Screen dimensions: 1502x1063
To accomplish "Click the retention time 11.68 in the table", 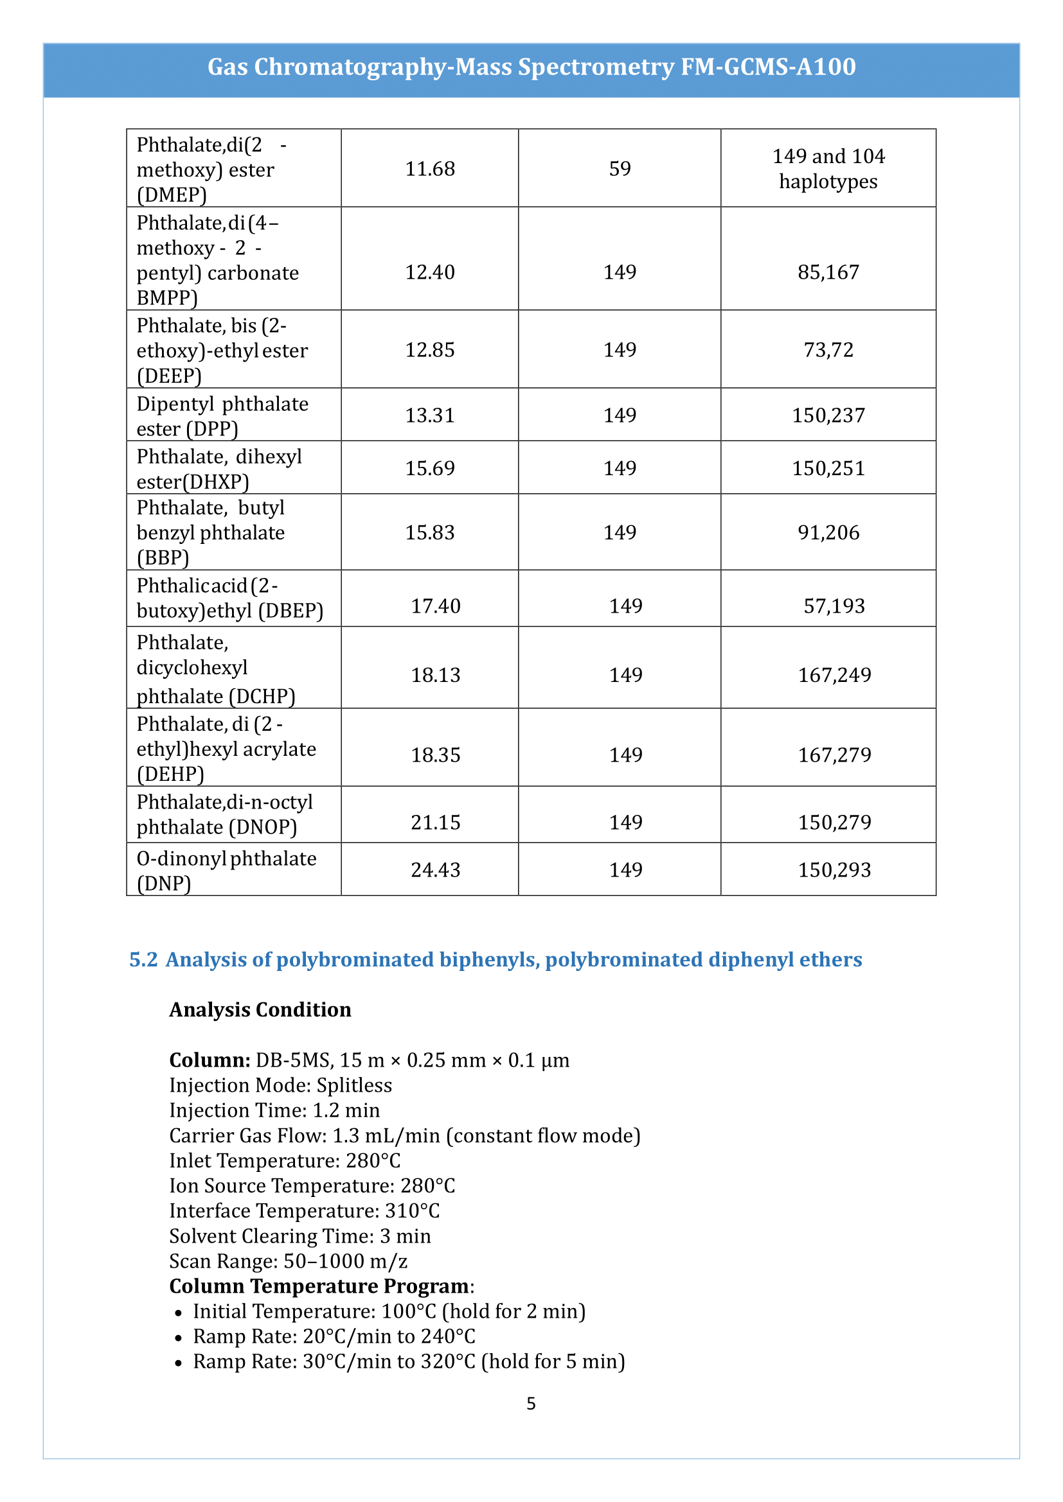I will [429, 169].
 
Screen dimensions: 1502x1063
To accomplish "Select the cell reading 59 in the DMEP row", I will [619, 169].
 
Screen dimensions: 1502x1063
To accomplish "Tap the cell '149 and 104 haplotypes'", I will [828, 169].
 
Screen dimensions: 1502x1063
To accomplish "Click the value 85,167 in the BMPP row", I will [828, 272].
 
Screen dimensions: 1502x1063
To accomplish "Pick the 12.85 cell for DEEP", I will [429, 350].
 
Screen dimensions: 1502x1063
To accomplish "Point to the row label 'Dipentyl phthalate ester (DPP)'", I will [222, 416].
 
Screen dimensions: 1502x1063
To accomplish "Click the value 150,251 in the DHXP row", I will [828, 468].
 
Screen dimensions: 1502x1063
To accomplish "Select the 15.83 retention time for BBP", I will [429, 532].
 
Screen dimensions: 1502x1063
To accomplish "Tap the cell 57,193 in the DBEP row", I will [834, 606].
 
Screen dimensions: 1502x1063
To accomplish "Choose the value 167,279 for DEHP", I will [834, 756].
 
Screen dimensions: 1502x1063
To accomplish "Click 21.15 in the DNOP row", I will [435, 823].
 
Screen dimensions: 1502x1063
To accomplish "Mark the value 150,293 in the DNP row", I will [834, 870].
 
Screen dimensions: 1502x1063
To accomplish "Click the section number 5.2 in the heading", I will [143, 959].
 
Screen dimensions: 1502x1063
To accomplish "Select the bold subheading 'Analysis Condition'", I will [260, 1010].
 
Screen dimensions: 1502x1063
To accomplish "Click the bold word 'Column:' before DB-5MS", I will [210, 1060].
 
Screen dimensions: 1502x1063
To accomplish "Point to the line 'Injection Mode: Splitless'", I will [280, 1085].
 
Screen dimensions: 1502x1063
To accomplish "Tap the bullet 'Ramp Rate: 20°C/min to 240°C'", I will [334, 1336].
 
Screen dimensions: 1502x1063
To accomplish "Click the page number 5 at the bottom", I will [531, 1404].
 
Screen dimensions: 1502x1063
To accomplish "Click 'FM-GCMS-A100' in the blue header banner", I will [768, 67].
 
